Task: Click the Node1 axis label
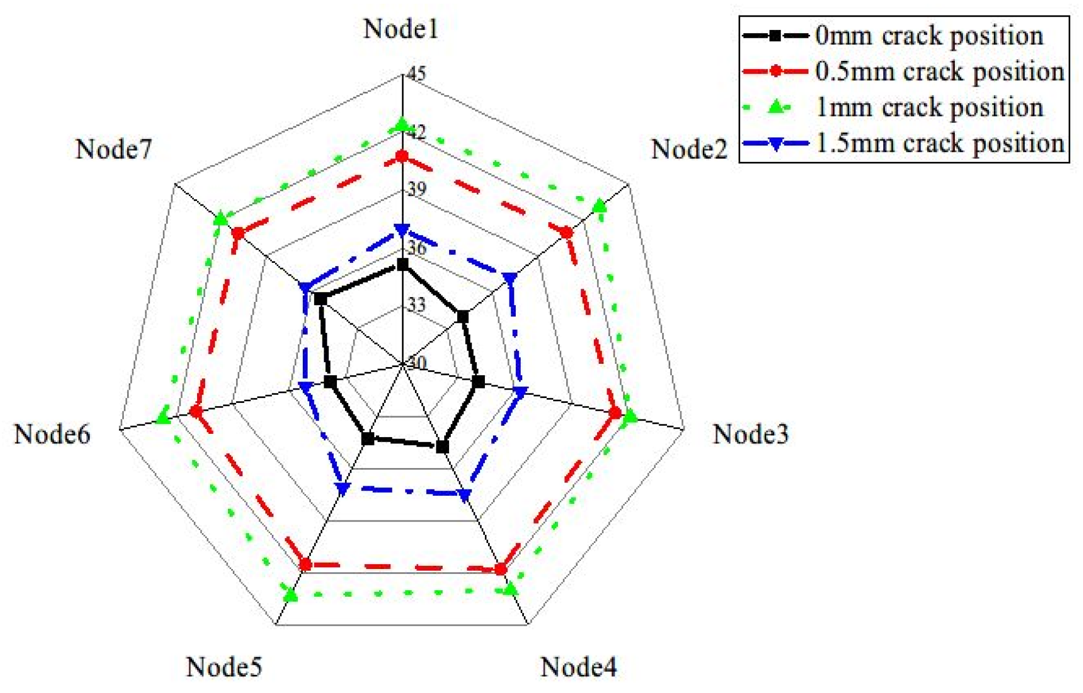point(401,29)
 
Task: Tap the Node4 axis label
point(578,667)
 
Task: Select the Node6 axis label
point(52,434)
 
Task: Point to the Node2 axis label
point(689,149)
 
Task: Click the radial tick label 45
point(416,73)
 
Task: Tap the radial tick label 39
point(417,189)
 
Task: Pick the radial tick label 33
point(417,305)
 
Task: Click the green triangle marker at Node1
point(402,126)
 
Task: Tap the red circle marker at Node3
point(615,413)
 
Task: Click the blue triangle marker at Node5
point(342,488)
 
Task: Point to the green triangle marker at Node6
point(163,417)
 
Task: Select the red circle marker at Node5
point(305,565)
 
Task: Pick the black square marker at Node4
point(442,447)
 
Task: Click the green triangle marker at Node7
point(220,219)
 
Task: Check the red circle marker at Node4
point(500,570)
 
